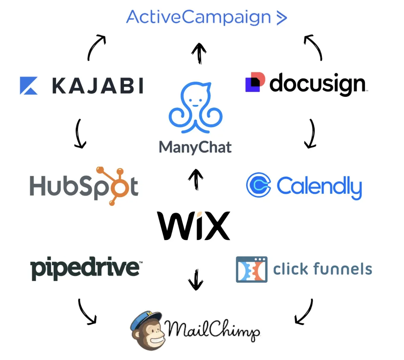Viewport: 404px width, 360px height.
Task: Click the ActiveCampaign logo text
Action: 199,17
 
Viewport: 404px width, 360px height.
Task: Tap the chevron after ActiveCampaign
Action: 281,18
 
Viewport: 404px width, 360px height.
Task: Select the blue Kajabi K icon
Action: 28,86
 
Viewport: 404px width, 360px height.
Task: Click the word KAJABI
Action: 98,86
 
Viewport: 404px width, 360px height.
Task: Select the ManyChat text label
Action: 195,147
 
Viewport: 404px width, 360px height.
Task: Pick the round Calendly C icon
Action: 258,185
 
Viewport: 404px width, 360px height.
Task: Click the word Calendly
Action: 319,187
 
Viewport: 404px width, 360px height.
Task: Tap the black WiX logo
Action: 194,226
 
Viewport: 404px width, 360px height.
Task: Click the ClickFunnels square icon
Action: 252,269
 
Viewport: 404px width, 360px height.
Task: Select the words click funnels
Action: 323,269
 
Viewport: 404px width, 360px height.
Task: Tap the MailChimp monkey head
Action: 147,330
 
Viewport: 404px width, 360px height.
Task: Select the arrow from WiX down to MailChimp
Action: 196,279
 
